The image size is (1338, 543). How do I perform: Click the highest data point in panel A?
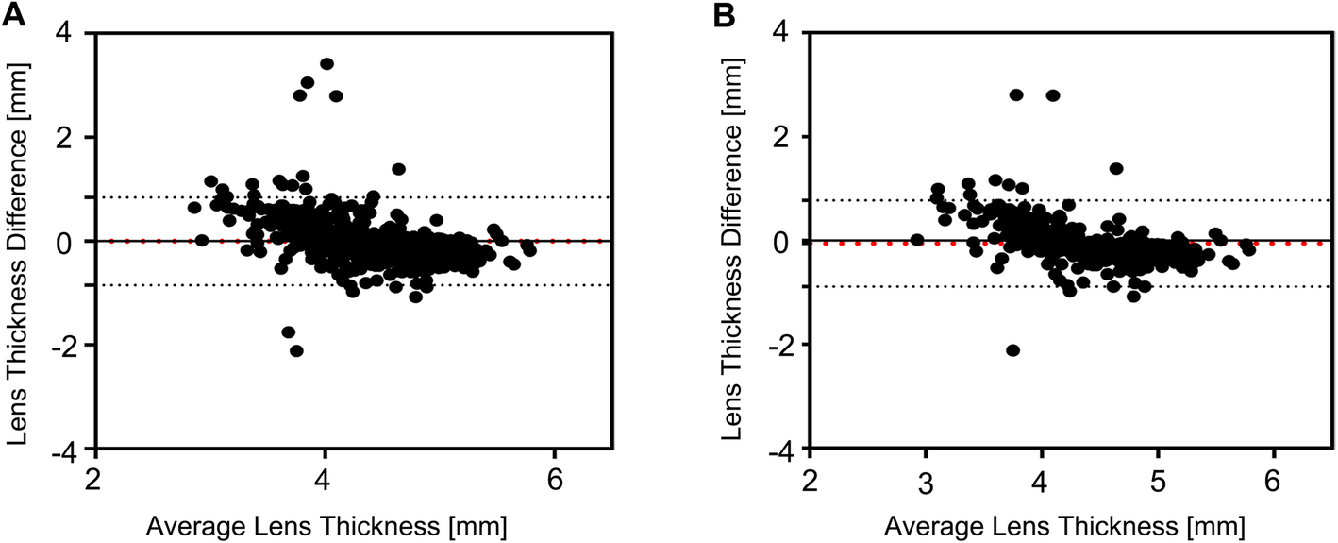[326, 64]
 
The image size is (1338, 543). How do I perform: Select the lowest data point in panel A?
[296, 350]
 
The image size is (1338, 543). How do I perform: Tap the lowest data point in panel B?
[1013, 350]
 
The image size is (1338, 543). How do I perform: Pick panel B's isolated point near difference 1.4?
[1116, 168]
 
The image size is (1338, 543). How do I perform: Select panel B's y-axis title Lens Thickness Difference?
[729, 241]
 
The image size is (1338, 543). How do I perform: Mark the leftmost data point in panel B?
[916, 240]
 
